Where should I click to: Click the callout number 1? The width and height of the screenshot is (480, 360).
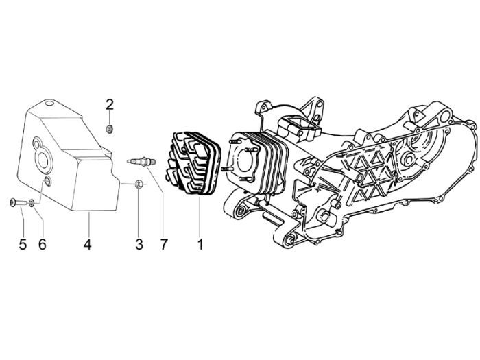tap(200, 243)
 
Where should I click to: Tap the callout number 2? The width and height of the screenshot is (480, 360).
tap(110, 104)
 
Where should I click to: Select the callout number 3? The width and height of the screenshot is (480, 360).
tap(139, 243)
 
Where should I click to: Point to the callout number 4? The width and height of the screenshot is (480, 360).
tap(88, 243)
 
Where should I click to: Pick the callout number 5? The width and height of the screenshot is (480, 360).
tap(23, 243)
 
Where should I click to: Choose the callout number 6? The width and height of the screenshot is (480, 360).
tap(43, 243)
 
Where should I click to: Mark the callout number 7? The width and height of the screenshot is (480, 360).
tap(164, 243)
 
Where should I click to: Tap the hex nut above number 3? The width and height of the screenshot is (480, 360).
tap(138, 183)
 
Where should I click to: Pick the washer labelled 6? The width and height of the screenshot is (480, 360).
tap(33, 202)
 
